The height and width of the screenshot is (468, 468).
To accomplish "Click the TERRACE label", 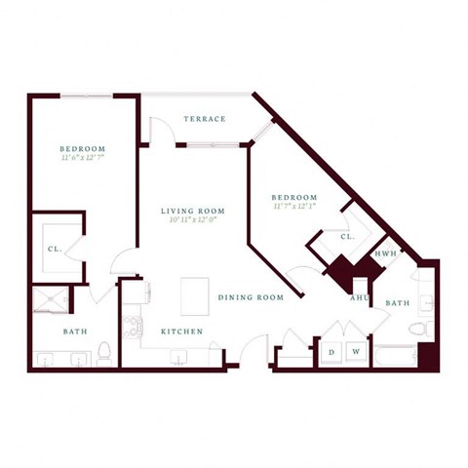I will point(204,119).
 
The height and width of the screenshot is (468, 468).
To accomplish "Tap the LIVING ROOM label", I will point(193,211).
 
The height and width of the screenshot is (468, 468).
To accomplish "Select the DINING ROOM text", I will point(251,297).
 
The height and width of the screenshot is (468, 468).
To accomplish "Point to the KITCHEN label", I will point(182,331).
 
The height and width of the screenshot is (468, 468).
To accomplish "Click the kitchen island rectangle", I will point(195,295).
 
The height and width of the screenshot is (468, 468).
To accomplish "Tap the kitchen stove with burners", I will point(132,326).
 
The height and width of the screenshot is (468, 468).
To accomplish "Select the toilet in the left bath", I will point(104,351).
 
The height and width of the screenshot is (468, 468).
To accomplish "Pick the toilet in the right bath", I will point(419,329).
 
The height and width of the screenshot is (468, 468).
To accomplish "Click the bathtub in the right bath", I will point(395,356).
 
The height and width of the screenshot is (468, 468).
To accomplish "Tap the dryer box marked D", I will point(331,351).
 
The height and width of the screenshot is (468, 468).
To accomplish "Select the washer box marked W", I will point(356,351).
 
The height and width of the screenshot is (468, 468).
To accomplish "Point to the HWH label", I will point(384,253).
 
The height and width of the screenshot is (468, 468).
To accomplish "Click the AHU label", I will point(359,298).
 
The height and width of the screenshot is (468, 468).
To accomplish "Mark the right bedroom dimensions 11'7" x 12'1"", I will point(293,207).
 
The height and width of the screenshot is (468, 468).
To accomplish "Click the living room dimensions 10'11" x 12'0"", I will point(193,220).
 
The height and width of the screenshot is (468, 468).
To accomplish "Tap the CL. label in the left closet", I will point(55,249).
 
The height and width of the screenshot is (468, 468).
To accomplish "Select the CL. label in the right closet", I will point(347,237).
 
